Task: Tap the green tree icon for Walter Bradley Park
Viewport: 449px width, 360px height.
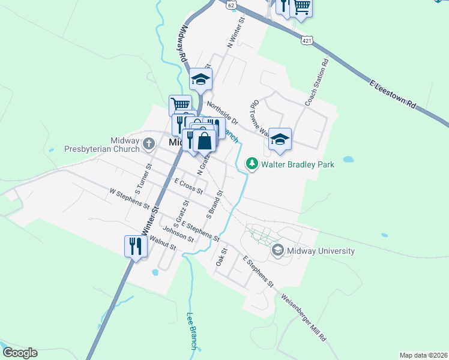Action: (253, 163)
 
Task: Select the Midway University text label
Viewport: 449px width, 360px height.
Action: (321, 251)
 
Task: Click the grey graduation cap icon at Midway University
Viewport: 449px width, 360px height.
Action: (277, 250)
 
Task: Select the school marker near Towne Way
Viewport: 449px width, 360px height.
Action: (280, 139)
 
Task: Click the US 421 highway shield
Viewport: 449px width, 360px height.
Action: (306, 40)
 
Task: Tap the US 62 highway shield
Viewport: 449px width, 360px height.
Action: (231, 4)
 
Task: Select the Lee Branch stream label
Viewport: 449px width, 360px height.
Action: (192, 330)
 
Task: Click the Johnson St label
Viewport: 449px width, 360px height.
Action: (178, 235)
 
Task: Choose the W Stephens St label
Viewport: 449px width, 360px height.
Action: (129, 199)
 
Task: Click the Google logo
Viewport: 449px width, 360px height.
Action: (20, 353)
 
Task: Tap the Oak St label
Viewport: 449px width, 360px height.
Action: (220, 258)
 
